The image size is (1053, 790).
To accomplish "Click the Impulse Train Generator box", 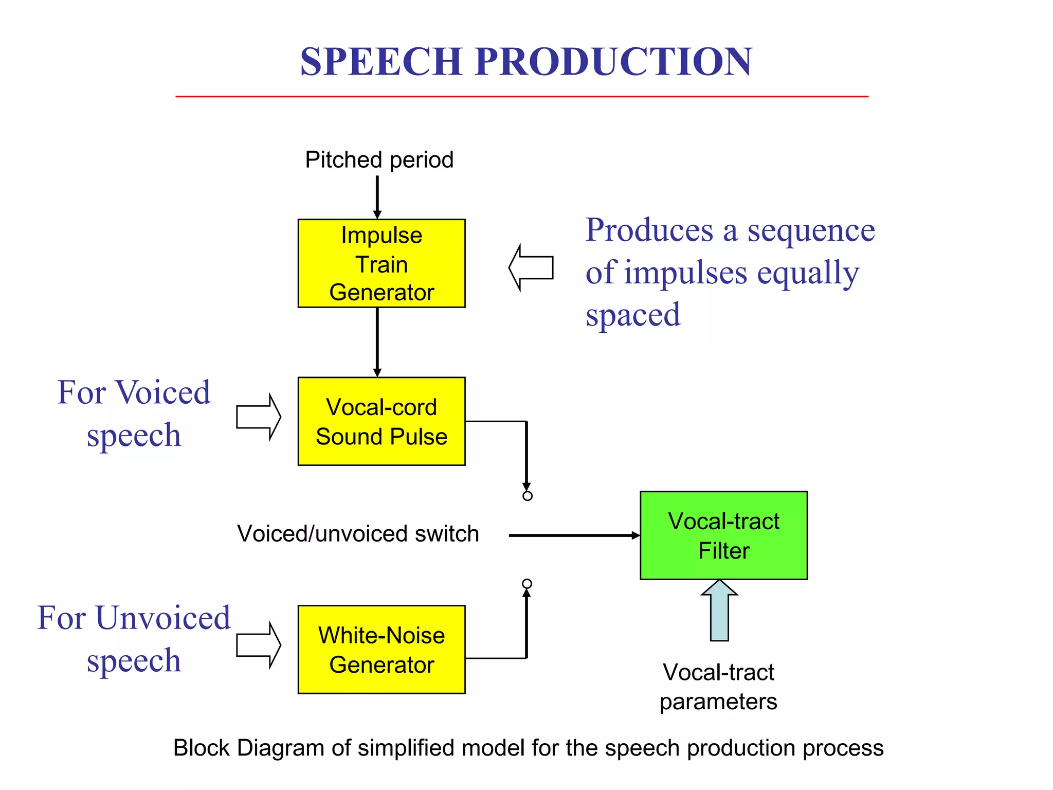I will pyautogui.click(x=382, y=263).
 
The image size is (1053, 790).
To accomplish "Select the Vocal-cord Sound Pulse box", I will pyautogui.click(x=382, y=421).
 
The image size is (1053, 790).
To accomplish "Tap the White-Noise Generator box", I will pyautogui.click(x=382, y=649).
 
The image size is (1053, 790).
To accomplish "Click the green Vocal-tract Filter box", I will pyautogui.click(x=723, y=535).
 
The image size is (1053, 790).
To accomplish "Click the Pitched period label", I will pyautogui.click(x=379, y=159).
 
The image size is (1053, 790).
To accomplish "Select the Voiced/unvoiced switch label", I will pyautogui.click(x=358, y=533).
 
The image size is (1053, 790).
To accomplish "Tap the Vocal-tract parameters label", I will pyautogui.click(x=718, y=687).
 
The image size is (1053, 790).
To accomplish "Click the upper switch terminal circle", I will pyautogui.click(x=527, y=496).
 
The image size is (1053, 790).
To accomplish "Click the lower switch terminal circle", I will pyautogui.click(x=526, y=584).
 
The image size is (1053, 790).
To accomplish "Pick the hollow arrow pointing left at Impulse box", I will pyautogui.click(x=532, y=267).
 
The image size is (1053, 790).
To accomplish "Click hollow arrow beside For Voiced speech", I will pyautogui.click(x=259, y=417).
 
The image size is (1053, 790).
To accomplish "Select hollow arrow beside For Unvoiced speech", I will pyautogui.click(x=259, y=645).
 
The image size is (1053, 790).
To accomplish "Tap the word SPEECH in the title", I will pyautogui.click(x=381, y=61).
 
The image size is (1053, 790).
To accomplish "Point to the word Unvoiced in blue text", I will pyautogui.click(x=163, y=618).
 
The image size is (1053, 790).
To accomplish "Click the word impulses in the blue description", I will pyautogui.click(x=686, y=273).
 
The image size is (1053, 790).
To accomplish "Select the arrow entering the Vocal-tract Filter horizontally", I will pyautogui.click(x=573, y=535).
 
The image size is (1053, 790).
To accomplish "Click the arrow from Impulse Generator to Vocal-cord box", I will pyautogui.click(x=377, y=342).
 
